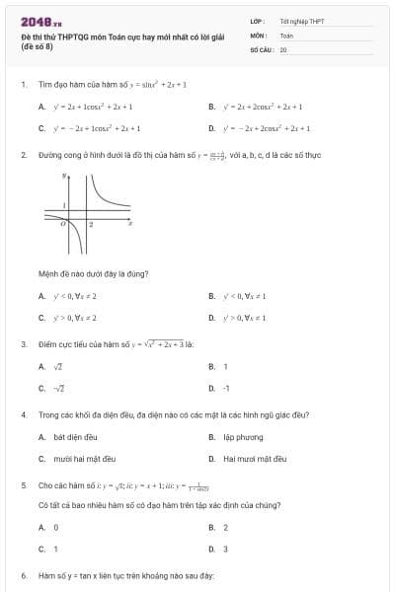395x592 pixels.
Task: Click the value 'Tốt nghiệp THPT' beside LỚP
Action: (x=295, y=21)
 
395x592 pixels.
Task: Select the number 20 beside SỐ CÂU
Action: (x=283, y=48)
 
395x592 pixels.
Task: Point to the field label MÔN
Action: (x=258, y=35)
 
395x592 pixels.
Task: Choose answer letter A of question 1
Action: (x=41, y=106)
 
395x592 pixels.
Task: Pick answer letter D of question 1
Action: (x=211, y=128)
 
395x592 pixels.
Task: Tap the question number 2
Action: (x=23, y=155)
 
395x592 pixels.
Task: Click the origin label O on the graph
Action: (x=61, y=223)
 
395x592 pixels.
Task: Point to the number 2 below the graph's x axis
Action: (x=91, y=225)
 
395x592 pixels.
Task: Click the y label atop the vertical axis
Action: (x=64, y=176)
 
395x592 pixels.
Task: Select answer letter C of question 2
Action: (x=41, y=318)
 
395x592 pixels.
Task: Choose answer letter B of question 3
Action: (x=211, y=366)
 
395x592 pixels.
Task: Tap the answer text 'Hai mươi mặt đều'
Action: (x=255, y=459)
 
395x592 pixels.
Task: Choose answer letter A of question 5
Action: (x=41, y=527)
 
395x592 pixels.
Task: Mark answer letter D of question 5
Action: (x=211, y=549)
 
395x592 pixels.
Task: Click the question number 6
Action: (x=23, y=574)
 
